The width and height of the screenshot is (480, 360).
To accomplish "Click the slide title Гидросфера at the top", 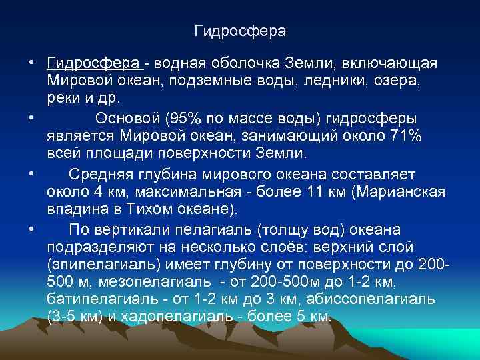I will click(240, 31).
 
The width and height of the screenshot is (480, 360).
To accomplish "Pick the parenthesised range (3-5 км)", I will click(75, 317).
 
